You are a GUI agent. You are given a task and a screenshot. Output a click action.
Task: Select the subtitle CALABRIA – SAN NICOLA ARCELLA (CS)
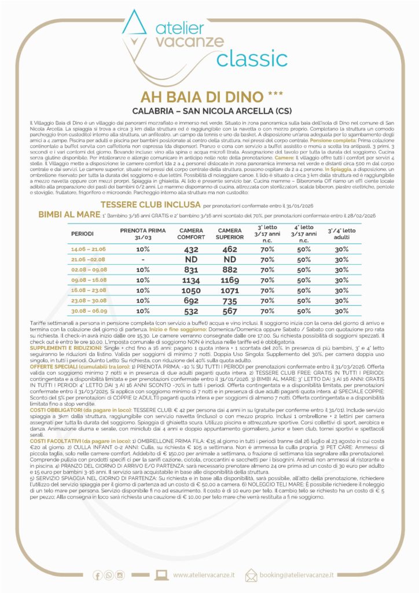[209, 110]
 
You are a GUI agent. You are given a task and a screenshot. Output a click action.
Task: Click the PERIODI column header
[83, 233]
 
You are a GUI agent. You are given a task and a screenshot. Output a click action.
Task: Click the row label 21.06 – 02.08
[89, 261]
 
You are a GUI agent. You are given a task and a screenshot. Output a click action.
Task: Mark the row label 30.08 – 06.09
[89, 310]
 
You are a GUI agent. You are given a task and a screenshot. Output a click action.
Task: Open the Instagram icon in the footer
[120, 574]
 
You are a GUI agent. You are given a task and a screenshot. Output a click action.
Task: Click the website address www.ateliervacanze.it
[204, 574]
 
